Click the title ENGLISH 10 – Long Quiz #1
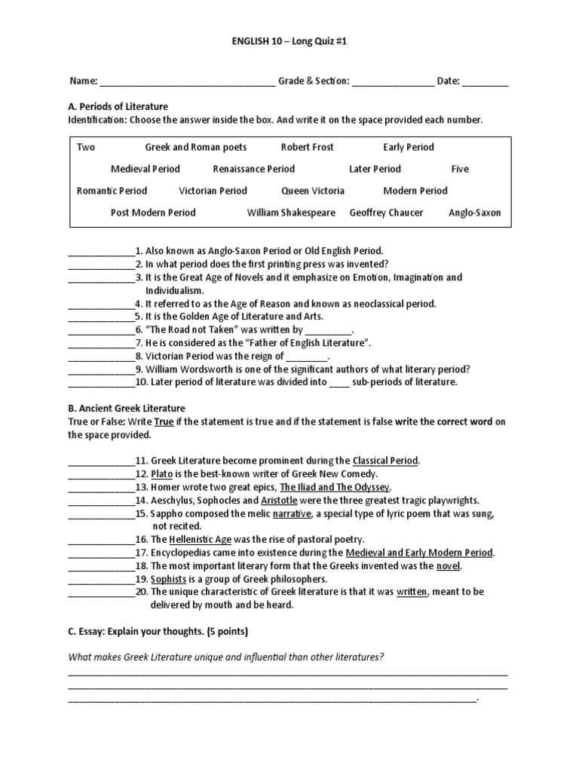pos(289,42)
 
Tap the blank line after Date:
pos(485,81)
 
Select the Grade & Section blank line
pos(393,81)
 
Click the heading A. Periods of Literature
pos(118,106)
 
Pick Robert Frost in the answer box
pos(307,147)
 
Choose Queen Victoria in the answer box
pos(313,191)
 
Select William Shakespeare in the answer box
pos(291,213)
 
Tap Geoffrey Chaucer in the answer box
pos(386,213)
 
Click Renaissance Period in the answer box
pos(253,169)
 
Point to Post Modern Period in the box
pos(153,213)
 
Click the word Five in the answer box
pos(460,169)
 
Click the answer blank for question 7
pos(101,343)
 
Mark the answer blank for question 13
pos(101,488)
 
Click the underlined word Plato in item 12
pos(161,473)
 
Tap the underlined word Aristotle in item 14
pos(279,500)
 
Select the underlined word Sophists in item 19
pos(168,578)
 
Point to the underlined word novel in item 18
pos(449,565)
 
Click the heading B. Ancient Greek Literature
pos(127,409)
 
